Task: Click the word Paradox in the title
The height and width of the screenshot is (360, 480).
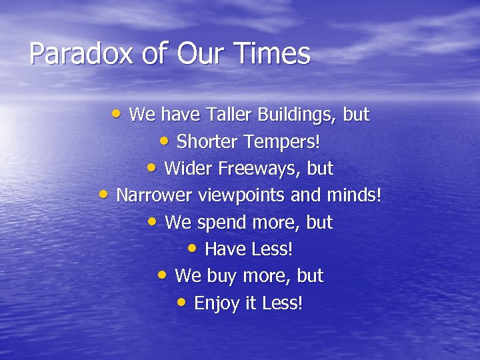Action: point(70,54)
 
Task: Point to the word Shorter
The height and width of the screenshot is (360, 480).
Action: point(207,141)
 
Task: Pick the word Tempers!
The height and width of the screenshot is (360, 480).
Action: point(282,142)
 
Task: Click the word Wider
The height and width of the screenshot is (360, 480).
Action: point(187,169)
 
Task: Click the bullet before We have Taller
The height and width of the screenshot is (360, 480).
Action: point(117,113)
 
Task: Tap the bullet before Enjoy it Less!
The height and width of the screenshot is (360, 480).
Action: point(182,302)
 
